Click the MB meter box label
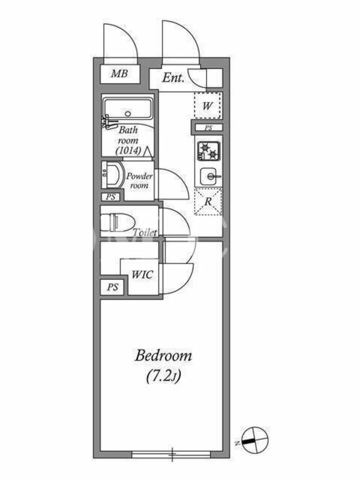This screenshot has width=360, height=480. pyautogui.click(x=119, y=73)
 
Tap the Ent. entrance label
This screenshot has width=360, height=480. pyautogui.click(x=173, y=78)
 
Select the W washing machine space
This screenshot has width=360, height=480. pyautogui.click(x=208, y=106)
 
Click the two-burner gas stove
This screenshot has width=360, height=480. pyautogui.click(x=209, y=151)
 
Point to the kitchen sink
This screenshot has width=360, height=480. pyautogui.click(x=209, y=176)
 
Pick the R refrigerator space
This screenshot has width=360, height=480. pyautogui.click(x=208, y=202)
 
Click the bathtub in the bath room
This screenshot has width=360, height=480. pyautogui.click(x=128, y=109)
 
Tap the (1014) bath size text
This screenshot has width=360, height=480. pyautogui.click(x=128, y=151)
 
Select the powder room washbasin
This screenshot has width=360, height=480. pyautogui.click(x=110, y=175)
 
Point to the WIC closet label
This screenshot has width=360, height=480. pyautogui.click(x=142, y=274)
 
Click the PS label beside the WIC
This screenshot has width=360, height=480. pyautogui.click(x=113, y=287)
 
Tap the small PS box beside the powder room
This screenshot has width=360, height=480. pyautogui.click(x=111, y=197)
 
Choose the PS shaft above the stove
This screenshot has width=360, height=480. pyautogui.click(x=208, y=128)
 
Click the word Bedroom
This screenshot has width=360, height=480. pyautogui.click(x=163, y=356)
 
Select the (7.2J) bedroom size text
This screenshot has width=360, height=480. pyautogui.click(x=163, y=376)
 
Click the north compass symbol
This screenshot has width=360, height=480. pyautogui.click(x=254, y=440)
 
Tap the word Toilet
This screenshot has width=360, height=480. pyautogui.click(x=145, y=232)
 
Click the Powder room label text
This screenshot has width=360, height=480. pyautogui.click(x=140, y=181)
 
